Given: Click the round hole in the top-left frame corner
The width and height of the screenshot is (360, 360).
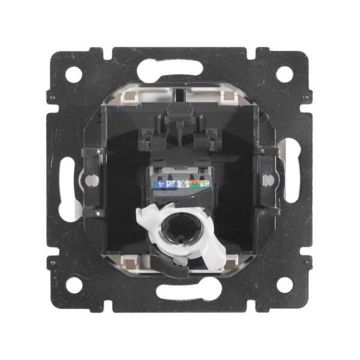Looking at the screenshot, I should pyautogui.click(x=73, y=74).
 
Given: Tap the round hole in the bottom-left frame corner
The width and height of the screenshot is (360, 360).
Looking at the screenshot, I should pyautogui.click(x=73, y=285).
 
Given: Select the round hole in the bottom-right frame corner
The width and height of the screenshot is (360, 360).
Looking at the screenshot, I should pyautogui.click(x=285, y=285).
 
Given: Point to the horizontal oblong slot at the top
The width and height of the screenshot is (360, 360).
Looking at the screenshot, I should pyautogui.click(x=178, y=71).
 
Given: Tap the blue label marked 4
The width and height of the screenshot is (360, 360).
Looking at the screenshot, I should pyautogui.click(x=160, y=184).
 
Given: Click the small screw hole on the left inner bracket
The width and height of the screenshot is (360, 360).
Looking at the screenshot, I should pyautogui.click(x=91, y=179).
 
